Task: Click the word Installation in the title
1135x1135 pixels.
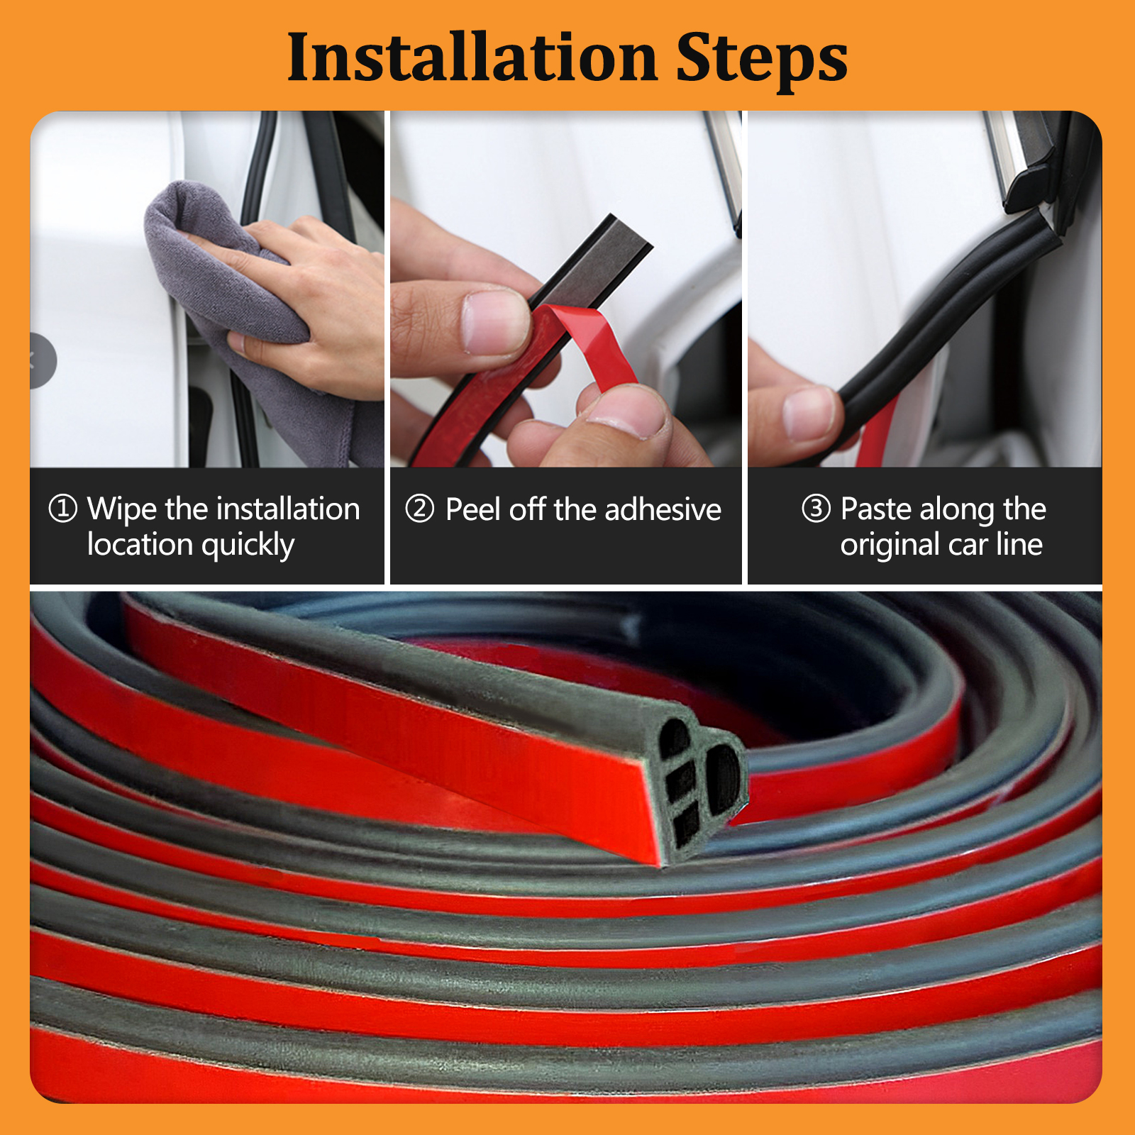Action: (x=472, y=57)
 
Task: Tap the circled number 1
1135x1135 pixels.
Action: (x=62, y=509)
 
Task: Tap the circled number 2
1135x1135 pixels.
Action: (x=419, y=509)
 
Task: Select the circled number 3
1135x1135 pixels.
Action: (x=816, y=509)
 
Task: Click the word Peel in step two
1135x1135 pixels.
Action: (x=473, y=509)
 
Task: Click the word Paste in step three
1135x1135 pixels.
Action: (x=876, y=509)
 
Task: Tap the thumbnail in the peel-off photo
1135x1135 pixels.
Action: (x=495, y=321)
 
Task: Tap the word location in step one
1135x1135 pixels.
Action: (x=140, y=544)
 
